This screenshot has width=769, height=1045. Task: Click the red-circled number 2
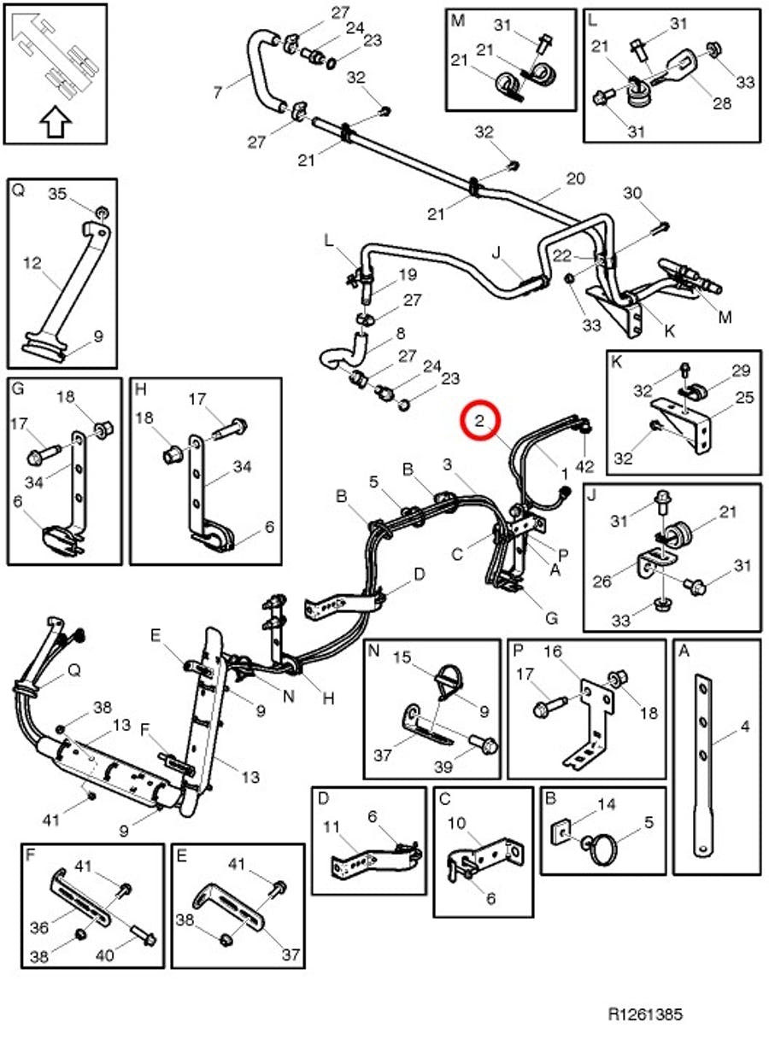pos(480,420)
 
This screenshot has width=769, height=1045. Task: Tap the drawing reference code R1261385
pos(645,1014)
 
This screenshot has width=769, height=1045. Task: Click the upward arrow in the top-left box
pos(55,123)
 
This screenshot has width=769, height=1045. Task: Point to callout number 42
pos(584,467)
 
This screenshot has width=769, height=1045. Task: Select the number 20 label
pos(576,178)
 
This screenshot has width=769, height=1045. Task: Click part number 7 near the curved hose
pos(217,90)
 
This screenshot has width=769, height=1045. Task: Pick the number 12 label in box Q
pos(32,265)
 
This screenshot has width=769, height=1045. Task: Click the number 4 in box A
pos(744,727)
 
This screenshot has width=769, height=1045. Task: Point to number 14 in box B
pos(606,803)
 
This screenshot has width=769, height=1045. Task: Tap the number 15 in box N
pos(402,657)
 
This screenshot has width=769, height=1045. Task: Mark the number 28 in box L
pos(723,104)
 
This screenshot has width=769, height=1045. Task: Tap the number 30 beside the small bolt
pos(632,194)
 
